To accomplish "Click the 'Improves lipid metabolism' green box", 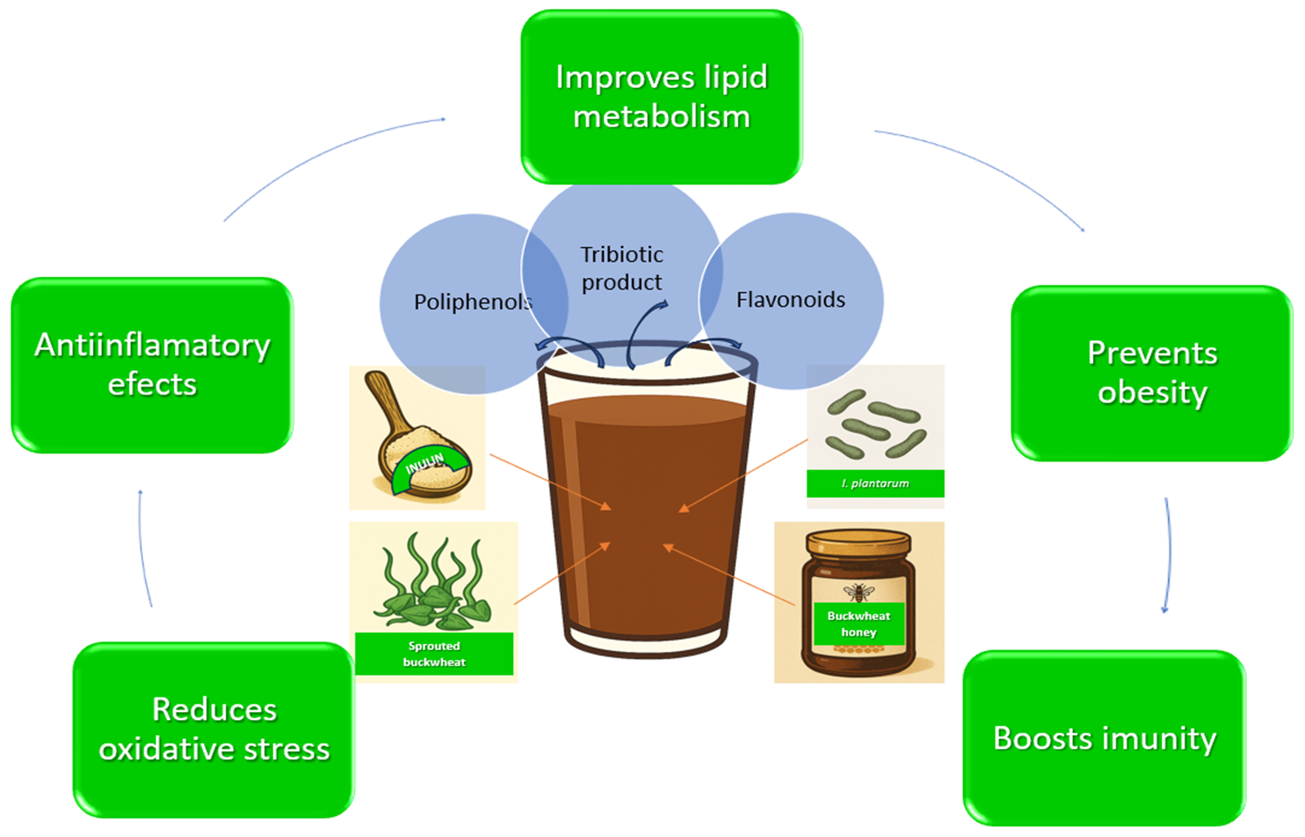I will click(661, 97).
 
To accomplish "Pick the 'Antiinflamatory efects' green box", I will click(152, 365).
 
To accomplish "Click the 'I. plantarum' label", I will click(875, 483).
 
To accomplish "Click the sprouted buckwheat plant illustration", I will click(434, 584).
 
